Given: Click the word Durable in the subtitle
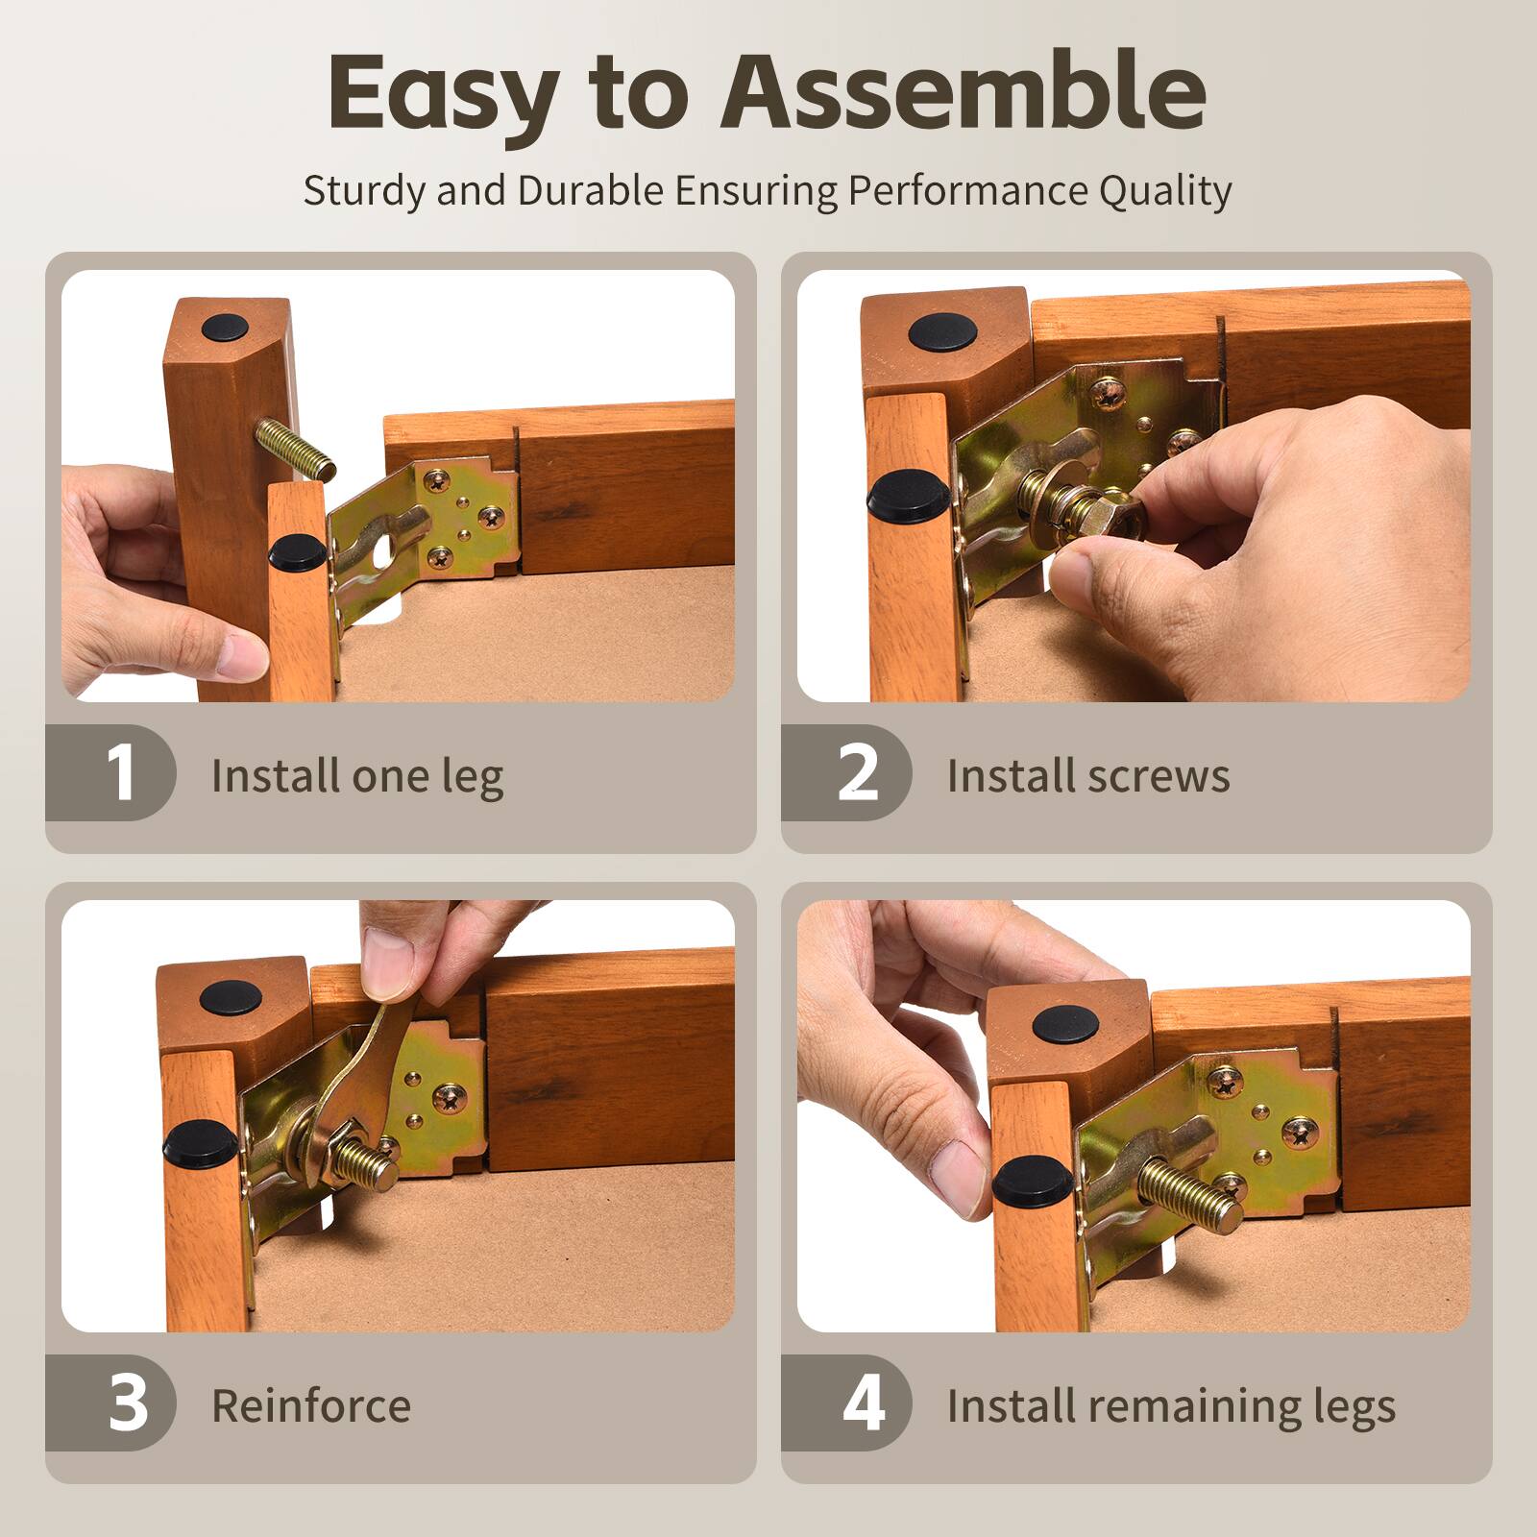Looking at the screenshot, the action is point(590,190).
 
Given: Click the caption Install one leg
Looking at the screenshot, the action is point(356,776).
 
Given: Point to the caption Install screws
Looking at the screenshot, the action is point(1088,776).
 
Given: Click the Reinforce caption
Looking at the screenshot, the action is point(311,1406).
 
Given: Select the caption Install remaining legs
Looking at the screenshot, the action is point(1171,1407).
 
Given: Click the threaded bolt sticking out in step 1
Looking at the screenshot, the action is point(295,450).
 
